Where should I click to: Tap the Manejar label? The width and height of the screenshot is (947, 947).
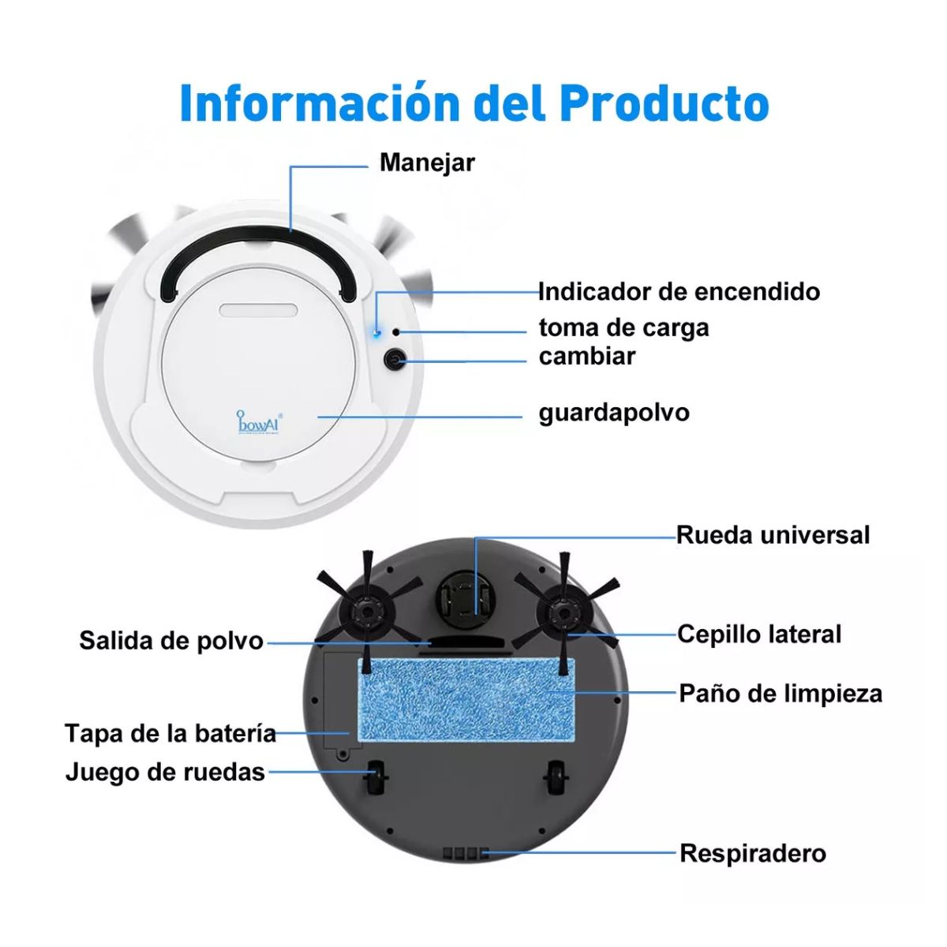point(427,163)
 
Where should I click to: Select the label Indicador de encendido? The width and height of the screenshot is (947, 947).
point(679,291)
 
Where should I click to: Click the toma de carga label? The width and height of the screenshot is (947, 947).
point(623,327)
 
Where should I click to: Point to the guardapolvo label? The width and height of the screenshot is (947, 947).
point(614,412)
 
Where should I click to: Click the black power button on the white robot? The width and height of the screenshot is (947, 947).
point(395,361)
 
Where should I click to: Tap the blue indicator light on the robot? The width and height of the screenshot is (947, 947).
point(377,332)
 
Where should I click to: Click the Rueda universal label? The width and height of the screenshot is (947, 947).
point(773,535)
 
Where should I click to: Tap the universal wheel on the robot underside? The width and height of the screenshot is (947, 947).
point(466,597)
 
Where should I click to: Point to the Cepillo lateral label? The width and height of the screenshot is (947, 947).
point(759,634)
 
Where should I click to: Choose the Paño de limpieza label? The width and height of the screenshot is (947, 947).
point(780,694)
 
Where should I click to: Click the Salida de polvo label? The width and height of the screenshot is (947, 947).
point(171,640)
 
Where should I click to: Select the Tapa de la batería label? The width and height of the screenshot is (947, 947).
point(170,733)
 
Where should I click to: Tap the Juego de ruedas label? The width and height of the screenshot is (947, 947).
point(165,771)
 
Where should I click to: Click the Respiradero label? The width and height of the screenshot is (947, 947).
point(753,853)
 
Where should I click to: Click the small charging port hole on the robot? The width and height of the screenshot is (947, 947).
point(396,332)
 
